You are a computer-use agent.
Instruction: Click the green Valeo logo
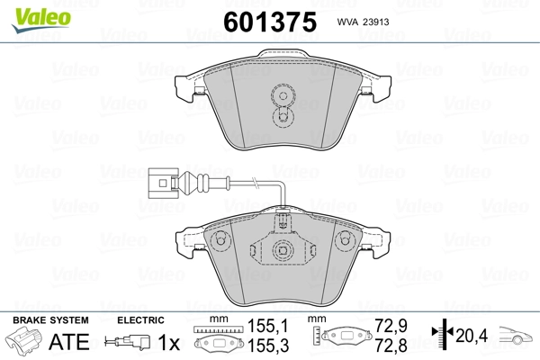(41, 20)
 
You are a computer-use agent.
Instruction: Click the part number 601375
(270, 22)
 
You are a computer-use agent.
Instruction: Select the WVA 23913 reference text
(363, 22)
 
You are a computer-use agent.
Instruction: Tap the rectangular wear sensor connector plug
(163, 183)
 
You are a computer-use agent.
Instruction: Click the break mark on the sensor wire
(256, 183)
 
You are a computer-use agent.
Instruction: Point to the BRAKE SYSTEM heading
(50, 320)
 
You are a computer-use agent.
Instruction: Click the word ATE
(69, 342)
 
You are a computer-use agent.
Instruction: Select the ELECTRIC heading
(140, 320)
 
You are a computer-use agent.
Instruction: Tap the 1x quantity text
(169, 342)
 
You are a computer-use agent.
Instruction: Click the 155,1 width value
(268, 326)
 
